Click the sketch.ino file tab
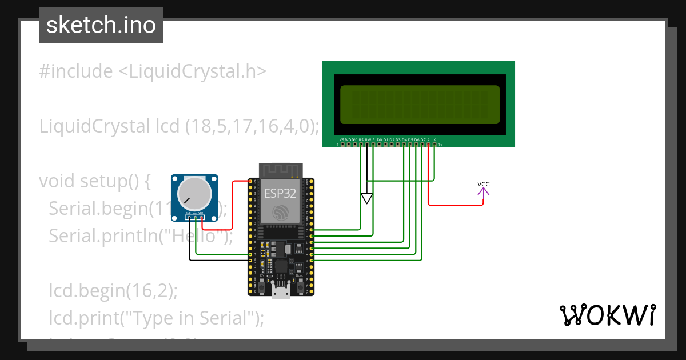(101, 25)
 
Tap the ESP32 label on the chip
(280, 192)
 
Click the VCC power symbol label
(484, 184)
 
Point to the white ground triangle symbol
(367, 198)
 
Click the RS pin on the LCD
(361, 144)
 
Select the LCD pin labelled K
(435, 144)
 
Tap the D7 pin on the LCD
(422, 144)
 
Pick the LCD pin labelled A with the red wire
(429, 144)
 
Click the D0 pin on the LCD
(379, 144)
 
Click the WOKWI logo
(607, 315)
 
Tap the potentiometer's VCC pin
(201, 217)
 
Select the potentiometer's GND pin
(189, 217)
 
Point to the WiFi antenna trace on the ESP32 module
(280, 170)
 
